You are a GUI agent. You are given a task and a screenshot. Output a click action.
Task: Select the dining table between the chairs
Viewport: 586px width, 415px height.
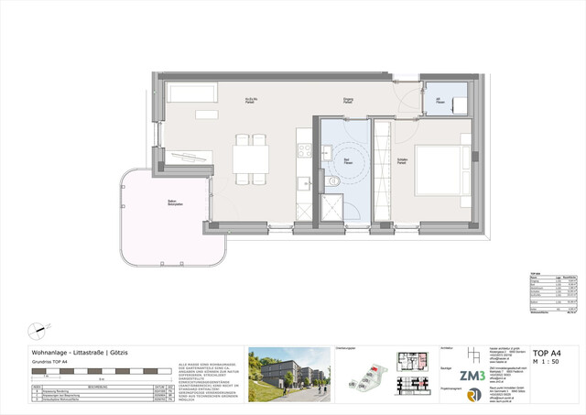[249, 159]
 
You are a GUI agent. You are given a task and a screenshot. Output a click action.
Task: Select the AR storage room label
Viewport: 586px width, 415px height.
[439, 100]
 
